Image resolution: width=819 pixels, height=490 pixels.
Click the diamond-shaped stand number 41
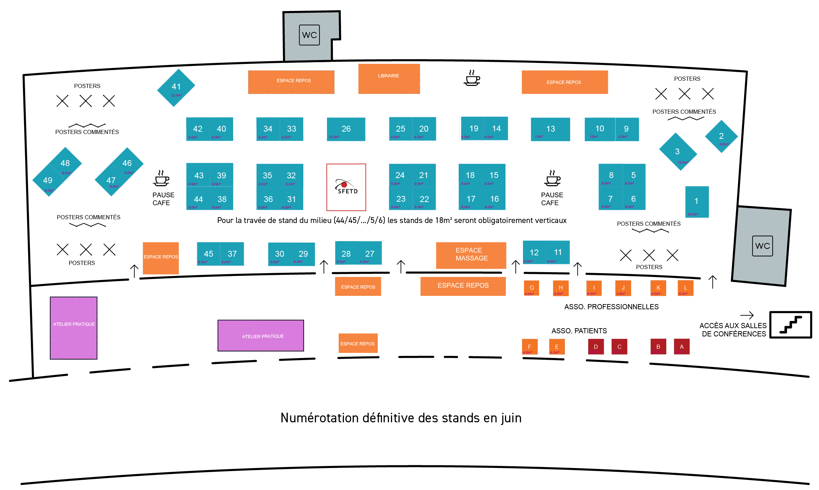(176, 88)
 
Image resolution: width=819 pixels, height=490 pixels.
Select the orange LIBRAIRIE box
(389, 79)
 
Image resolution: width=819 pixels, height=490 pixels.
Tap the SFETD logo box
(346, 187)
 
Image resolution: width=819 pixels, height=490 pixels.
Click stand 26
(346, 129)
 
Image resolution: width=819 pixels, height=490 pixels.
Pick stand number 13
(550, 129)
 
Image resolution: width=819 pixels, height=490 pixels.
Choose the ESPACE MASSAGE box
(471, 255)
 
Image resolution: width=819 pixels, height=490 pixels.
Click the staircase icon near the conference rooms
(790, 325)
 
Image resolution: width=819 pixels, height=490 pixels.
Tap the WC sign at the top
(309, 35)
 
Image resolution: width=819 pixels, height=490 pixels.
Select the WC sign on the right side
(762, 246)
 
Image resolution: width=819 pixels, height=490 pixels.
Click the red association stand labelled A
(681, 347)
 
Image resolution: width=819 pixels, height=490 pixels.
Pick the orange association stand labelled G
(532, 288)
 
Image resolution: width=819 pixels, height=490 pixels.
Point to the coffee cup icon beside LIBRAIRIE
(472, 78)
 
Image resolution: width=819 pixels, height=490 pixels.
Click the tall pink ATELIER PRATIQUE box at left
(74, 328)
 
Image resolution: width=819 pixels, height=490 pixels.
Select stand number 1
(697, 202)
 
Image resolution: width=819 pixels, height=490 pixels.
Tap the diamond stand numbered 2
(721, 136)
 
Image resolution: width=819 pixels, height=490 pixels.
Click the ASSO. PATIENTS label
(579, 331)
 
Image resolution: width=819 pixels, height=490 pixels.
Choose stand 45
(208, 254)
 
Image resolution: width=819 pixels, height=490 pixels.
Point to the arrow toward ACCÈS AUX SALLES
(746, 315)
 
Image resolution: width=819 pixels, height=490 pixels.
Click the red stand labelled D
(596, 347)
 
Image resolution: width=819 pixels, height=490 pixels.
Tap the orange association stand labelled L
(685, 288)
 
